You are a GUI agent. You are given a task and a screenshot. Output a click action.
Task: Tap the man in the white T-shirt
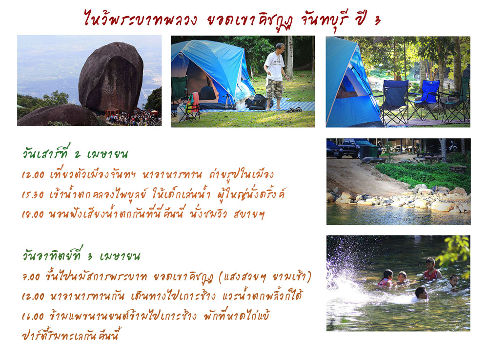274,76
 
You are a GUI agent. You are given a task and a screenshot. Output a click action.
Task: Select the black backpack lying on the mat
257,102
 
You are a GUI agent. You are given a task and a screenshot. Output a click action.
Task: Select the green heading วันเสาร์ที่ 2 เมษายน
75,152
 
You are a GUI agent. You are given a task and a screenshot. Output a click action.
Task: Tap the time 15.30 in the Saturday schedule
33,195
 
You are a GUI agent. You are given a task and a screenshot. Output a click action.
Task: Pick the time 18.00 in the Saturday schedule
33,214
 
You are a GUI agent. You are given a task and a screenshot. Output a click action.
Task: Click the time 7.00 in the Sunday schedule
31,276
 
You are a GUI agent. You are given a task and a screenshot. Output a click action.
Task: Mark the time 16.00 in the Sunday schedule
33,317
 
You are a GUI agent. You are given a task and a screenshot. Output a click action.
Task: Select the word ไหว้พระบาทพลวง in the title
140,19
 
